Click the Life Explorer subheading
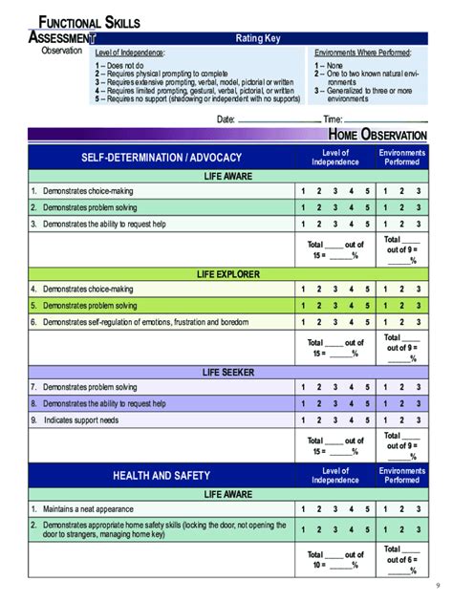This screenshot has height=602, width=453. coord(227,273)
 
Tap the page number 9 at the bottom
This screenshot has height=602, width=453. coord(437,585)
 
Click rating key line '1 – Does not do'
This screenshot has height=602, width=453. coord(134,66)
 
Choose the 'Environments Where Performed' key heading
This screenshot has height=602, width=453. coord(369,54)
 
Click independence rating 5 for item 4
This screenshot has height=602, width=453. coord(367,289)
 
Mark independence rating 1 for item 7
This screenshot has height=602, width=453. coord(304,387)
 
